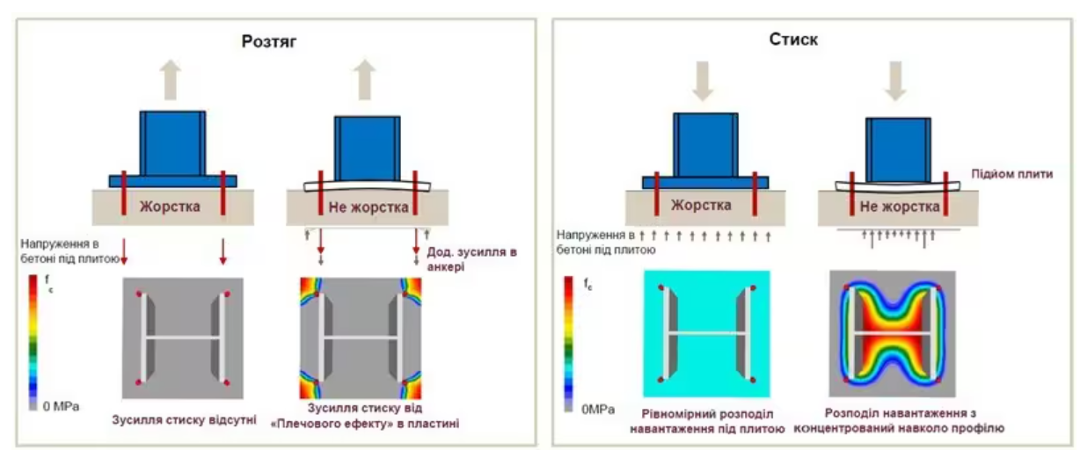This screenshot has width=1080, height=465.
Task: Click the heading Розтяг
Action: pos(268,41)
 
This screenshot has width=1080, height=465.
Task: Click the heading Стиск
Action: pos(793,39)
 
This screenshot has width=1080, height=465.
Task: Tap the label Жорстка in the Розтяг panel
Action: pos(170,207)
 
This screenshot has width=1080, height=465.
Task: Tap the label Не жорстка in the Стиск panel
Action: pos(900,207)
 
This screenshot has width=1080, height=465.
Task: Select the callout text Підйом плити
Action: pos(1011,174)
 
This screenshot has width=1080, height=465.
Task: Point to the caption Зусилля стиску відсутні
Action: pos(184,419)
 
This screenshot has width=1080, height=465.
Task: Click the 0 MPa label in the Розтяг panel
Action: pos(61,406)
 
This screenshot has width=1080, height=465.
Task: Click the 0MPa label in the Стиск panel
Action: pos(598,410)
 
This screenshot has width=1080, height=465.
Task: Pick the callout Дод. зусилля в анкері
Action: pos(471,258)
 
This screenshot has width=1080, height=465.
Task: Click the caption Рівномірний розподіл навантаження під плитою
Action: pos(707,421)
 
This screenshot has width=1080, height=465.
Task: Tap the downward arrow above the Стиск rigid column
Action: pos(703,81)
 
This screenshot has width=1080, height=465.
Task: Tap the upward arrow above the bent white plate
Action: pos(364,79)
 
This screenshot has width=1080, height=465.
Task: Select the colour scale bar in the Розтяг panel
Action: pos(33,343)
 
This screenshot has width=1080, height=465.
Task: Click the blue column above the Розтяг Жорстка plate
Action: pos(172,143)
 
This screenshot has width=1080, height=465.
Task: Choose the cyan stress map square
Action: pos(707,334)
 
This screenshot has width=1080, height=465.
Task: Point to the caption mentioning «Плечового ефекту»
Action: pos(364,416)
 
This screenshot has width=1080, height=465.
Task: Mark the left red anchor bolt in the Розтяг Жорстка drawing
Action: pos(124,193)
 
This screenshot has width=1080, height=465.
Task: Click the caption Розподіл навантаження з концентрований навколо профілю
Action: pos(899,420)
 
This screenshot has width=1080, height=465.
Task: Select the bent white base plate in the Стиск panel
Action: pos(897,187)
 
